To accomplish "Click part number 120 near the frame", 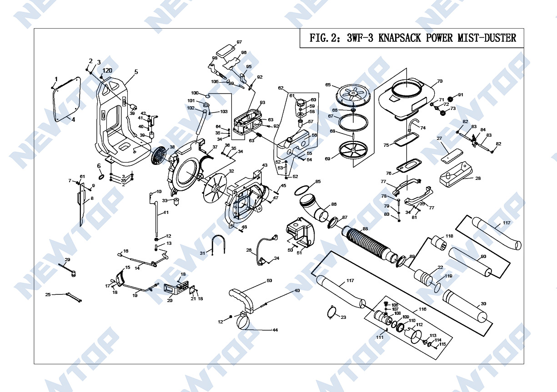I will point(107,70).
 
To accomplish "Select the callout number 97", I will point(239,42).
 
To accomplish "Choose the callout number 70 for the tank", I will point(439,82).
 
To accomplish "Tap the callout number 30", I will point(483,303).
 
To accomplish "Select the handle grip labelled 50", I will point(242,300).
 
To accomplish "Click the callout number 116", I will point(422,309).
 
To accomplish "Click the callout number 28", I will point(477,179).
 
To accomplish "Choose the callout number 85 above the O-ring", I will point(317,182).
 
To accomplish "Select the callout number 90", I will point(483,257).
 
